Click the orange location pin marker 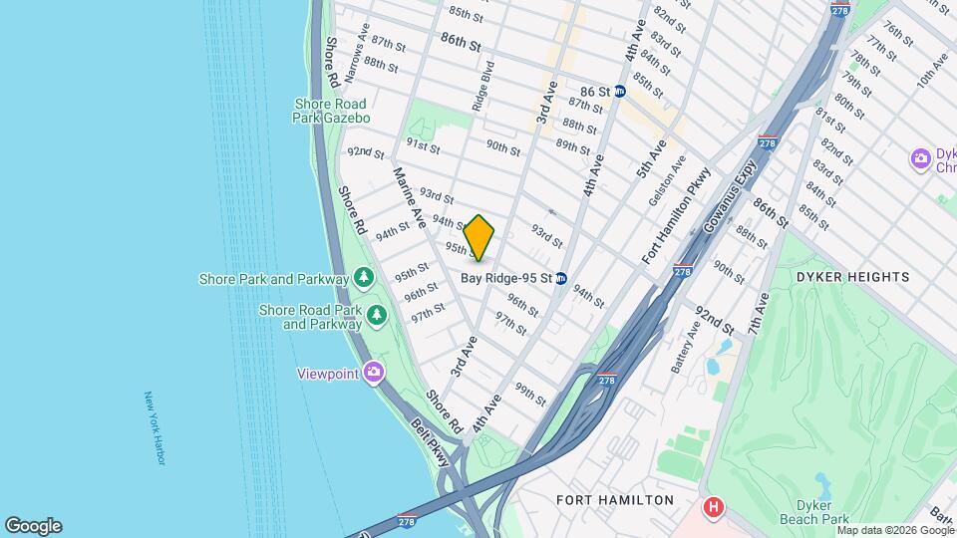pyautogui.click(x=479, y=237)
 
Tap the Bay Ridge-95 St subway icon pyautogui.click(x=561, y=279)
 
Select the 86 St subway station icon pyautogui.click(x=619, y=91)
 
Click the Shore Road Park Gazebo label pyautogui.click(x=332, y=111)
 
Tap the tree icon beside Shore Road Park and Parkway pyautogui.click(x=377, y=316)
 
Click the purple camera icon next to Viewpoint pyautogui.click(x=373, y=374)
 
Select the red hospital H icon pyautogui.click(x=713, y=508)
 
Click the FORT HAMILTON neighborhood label pyautogui.click(x=615, y=499)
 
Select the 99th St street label pyautogui.click(x=530, y=395)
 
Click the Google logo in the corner pyautogui.click(x=33, y=526)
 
